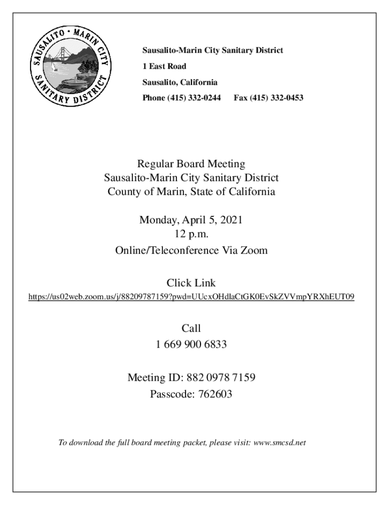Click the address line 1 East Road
point(164,66)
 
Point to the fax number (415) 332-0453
point(275,98)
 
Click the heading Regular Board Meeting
point(191,163)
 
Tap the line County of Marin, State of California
point(191,192)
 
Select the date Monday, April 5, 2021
point(191,219)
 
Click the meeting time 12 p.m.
point(191,233)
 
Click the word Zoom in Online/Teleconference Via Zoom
point(255,250)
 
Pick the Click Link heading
point(191,283)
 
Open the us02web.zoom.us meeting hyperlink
point(191,297)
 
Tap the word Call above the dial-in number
point(191,329)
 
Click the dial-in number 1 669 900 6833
point(191,344)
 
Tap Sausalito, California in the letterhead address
point(179,82)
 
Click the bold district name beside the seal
point(213,51)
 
